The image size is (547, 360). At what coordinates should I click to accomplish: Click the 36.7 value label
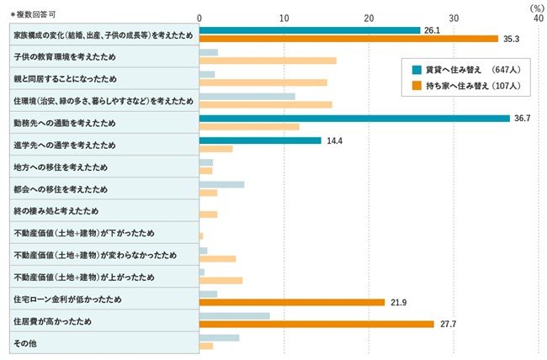point(521,119)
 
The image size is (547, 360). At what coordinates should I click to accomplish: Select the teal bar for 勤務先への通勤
point(354,119)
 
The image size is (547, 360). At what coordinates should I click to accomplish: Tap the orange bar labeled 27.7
point(316,324)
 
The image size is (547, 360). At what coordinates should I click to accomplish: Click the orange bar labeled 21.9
point(292,302)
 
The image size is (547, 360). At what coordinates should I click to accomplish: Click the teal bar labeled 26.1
point(309,30)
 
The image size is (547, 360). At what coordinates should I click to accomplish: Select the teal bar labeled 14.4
point(260,140)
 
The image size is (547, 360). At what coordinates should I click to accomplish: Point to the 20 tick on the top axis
point(369,18)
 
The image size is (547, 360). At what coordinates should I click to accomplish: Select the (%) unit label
point(538,7)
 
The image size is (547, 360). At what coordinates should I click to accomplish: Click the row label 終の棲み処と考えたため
point(56,210)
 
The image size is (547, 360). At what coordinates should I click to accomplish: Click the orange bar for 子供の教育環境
point(268,61)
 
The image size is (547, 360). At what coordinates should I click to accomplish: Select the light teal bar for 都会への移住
point(221,184)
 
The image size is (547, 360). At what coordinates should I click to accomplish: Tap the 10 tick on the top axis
point(284,18)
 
